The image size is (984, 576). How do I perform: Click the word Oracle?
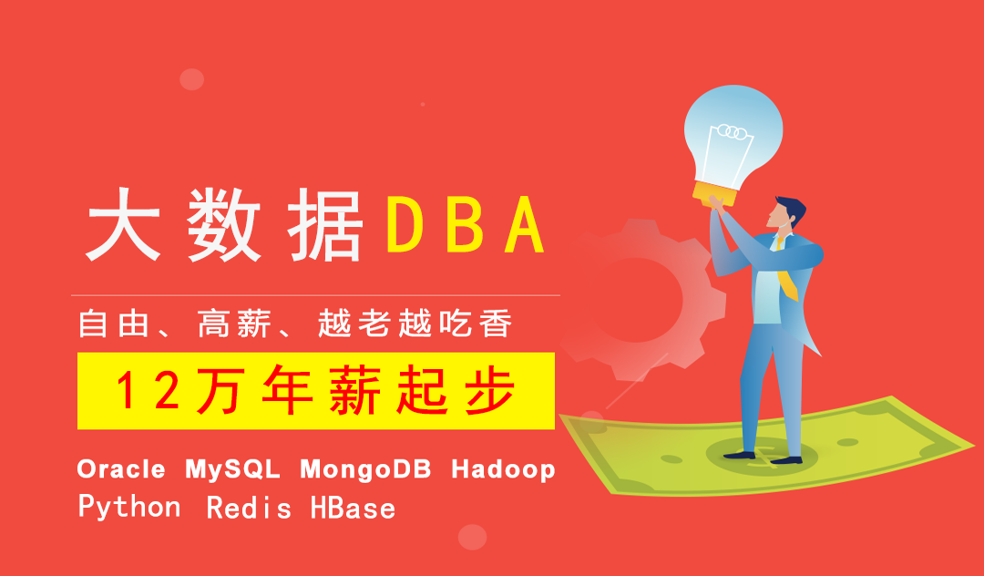point(121,468)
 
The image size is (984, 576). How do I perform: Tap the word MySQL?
point(232,470)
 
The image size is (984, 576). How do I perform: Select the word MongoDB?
point(366,470)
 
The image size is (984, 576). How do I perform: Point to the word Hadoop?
point(503,470)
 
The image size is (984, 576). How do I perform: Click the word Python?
point(129,508)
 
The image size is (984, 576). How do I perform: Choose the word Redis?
point(249,508)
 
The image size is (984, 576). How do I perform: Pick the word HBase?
point(354,508)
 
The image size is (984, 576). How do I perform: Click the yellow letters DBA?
point(465,224)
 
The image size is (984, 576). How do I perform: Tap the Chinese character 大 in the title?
point(124,224)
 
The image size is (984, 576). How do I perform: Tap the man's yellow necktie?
point(787,271)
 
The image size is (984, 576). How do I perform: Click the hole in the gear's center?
point(635,300)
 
